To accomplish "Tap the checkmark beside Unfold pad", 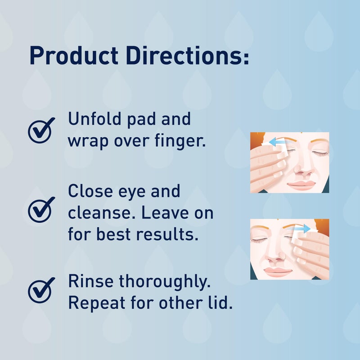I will (41, 130).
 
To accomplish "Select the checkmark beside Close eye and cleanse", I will (41, 210).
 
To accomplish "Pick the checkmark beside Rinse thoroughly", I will (41, 290).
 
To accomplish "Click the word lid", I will (222, 303).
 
